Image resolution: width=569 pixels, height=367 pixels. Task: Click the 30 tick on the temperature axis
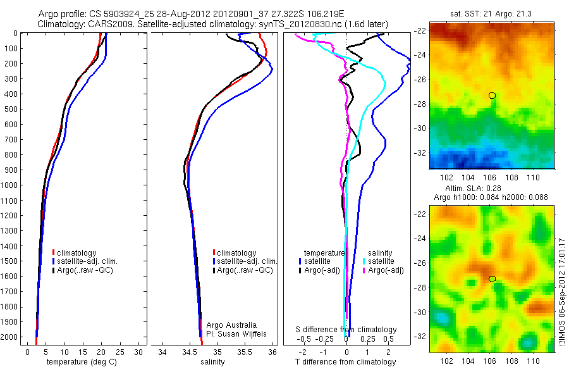pos(138,352)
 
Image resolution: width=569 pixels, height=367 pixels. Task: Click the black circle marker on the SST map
pos(492,96)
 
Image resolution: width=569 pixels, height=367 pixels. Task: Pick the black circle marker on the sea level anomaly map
pos(492,279)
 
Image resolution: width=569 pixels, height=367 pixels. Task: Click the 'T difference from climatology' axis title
pos(346,362)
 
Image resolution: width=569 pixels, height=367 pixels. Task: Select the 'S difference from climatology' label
pos(346,330)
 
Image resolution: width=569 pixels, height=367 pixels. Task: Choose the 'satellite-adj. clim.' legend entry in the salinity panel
pos(247,261)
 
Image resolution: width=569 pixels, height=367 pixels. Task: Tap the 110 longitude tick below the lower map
pos(532,361)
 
